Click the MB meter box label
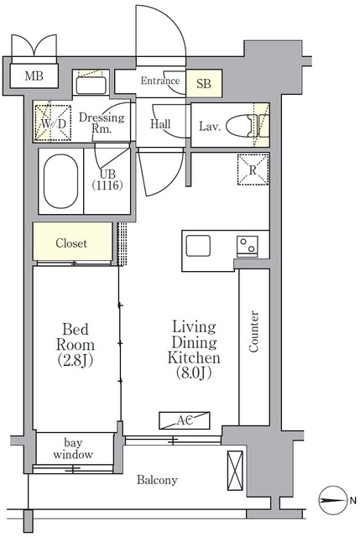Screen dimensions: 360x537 point(34,76)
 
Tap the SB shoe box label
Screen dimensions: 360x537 point(203,83)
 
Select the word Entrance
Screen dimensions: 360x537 point(160,81)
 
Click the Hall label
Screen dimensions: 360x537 point(160,123)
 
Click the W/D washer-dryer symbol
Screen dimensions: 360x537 point(54,123)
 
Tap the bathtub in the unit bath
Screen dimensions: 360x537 point(61,181)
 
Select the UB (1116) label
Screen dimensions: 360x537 point(107,180)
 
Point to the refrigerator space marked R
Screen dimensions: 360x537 point(253,169)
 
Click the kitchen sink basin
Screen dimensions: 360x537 point(198,246)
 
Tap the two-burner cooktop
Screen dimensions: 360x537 point(248,247)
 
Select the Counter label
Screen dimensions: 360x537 point(253,331)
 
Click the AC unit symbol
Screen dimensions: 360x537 point(185,420)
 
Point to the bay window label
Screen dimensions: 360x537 point(73,449)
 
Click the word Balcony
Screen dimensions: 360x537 point(157,480)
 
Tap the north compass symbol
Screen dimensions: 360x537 point(331,500)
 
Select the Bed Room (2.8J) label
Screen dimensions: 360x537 point(76,345)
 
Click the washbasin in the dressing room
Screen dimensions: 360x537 point(91,86)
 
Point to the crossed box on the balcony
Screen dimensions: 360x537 point(235,470)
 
